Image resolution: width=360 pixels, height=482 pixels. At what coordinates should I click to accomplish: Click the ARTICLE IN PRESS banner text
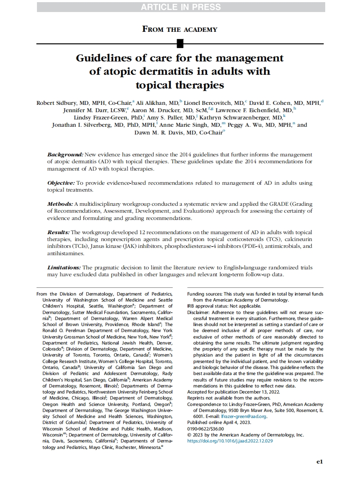click(180, 7)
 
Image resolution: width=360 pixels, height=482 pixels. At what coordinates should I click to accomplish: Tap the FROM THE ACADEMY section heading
click(180, 29)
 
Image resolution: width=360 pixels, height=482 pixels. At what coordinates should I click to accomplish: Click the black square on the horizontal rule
click(180, 43)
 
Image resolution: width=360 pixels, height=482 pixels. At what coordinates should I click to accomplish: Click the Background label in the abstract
click(65, 154)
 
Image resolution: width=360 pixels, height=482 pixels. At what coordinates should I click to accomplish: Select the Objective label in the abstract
click(61, 183)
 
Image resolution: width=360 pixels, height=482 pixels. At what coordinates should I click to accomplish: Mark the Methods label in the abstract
click(60, 204)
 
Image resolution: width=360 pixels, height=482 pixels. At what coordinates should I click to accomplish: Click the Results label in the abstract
click(58, 232)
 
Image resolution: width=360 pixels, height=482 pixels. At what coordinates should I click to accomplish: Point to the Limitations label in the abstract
click(64, 267)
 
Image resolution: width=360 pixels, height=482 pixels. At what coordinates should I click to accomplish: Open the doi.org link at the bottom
click(230, 441)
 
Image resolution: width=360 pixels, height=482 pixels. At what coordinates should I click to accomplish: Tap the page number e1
click(319, 462)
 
